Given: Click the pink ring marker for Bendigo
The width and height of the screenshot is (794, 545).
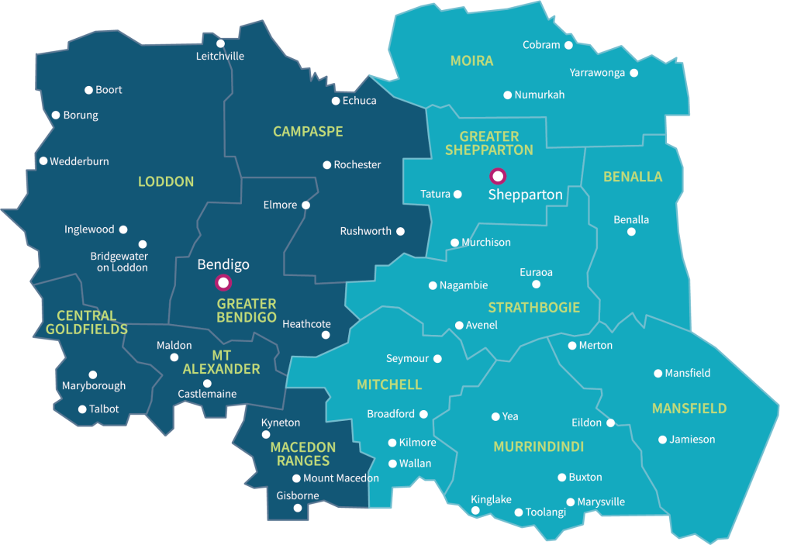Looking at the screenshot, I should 223,282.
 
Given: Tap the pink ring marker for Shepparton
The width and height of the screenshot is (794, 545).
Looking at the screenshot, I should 497,175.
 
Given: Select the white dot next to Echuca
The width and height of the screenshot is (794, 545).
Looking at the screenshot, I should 336,101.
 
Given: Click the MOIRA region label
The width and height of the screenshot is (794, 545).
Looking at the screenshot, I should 471,60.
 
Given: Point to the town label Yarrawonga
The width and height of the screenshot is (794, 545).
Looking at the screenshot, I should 597,73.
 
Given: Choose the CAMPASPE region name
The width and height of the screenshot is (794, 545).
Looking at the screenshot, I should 308,132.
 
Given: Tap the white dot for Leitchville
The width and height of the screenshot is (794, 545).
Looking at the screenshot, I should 220,43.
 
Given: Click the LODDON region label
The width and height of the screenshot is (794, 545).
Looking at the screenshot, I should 166,181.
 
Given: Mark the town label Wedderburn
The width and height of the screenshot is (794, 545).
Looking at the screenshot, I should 79,161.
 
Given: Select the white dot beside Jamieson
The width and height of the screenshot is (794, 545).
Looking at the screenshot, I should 662,440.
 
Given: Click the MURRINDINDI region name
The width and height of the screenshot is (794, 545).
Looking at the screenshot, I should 538,447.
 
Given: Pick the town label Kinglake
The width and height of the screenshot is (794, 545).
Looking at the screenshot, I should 492,499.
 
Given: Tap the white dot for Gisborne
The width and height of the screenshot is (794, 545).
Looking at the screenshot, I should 297,509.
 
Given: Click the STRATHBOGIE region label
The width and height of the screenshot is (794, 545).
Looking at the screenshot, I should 533,308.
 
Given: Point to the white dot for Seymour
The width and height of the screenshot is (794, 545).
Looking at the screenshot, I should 437,359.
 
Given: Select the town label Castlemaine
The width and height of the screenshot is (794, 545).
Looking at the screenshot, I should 207,394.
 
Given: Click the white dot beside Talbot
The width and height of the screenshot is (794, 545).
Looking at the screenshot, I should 82,409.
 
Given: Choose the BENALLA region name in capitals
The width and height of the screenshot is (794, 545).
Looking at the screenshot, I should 633,177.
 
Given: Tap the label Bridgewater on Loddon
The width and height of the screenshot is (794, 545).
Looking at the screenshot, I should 119,262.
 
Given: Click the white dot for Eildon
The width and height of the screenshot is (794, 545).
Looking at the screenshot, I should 610,423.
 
